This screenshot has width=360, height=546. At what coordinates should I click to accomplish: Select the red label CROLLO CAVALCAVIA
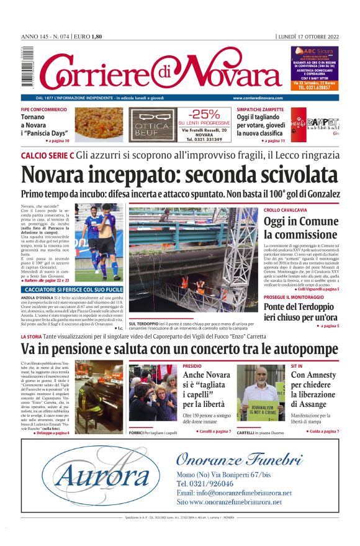click(285, 210)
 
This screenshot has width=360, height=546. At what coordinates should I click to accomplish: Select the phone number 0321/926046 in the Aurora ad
click(208, 483)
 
